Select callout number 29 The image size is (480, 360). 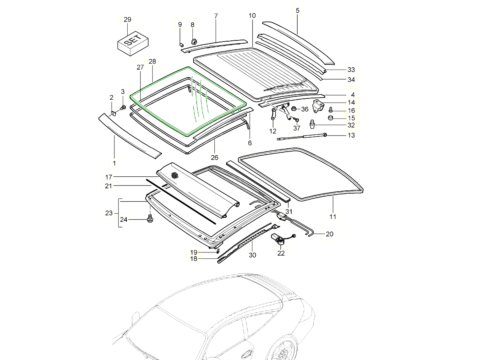pyautogui.click(x=127, y=20)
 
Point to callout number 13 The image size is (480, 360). pyautogui.click(x=351, y=135)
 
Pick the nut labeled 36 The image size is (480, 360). pyautogui.click(x=293, y=108)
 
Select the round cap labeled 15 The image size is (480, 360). pyautogui.click(x=331, y=118)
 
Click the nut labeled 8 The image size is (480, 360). pyautogui.click(x=194, y=41)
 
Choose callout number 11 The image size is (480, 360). pyautogui.click(x=333, y=217)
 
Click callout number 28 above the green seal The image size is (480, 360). pyautogui.click(x=152, y=62)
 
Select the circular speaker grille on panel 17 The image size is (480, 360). pyautogui.click(x=174, y=175)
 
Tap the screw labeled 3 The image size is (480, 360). pyautogui.click(x=123, y=107)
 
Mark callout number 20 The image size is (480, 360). pyautogui.click(x=329, y=234)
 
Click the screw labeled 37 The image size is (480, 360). pyautogui.click(x=296, y=119)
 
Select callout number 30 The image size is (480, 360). pyautogui.click(x=252, y=255)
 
